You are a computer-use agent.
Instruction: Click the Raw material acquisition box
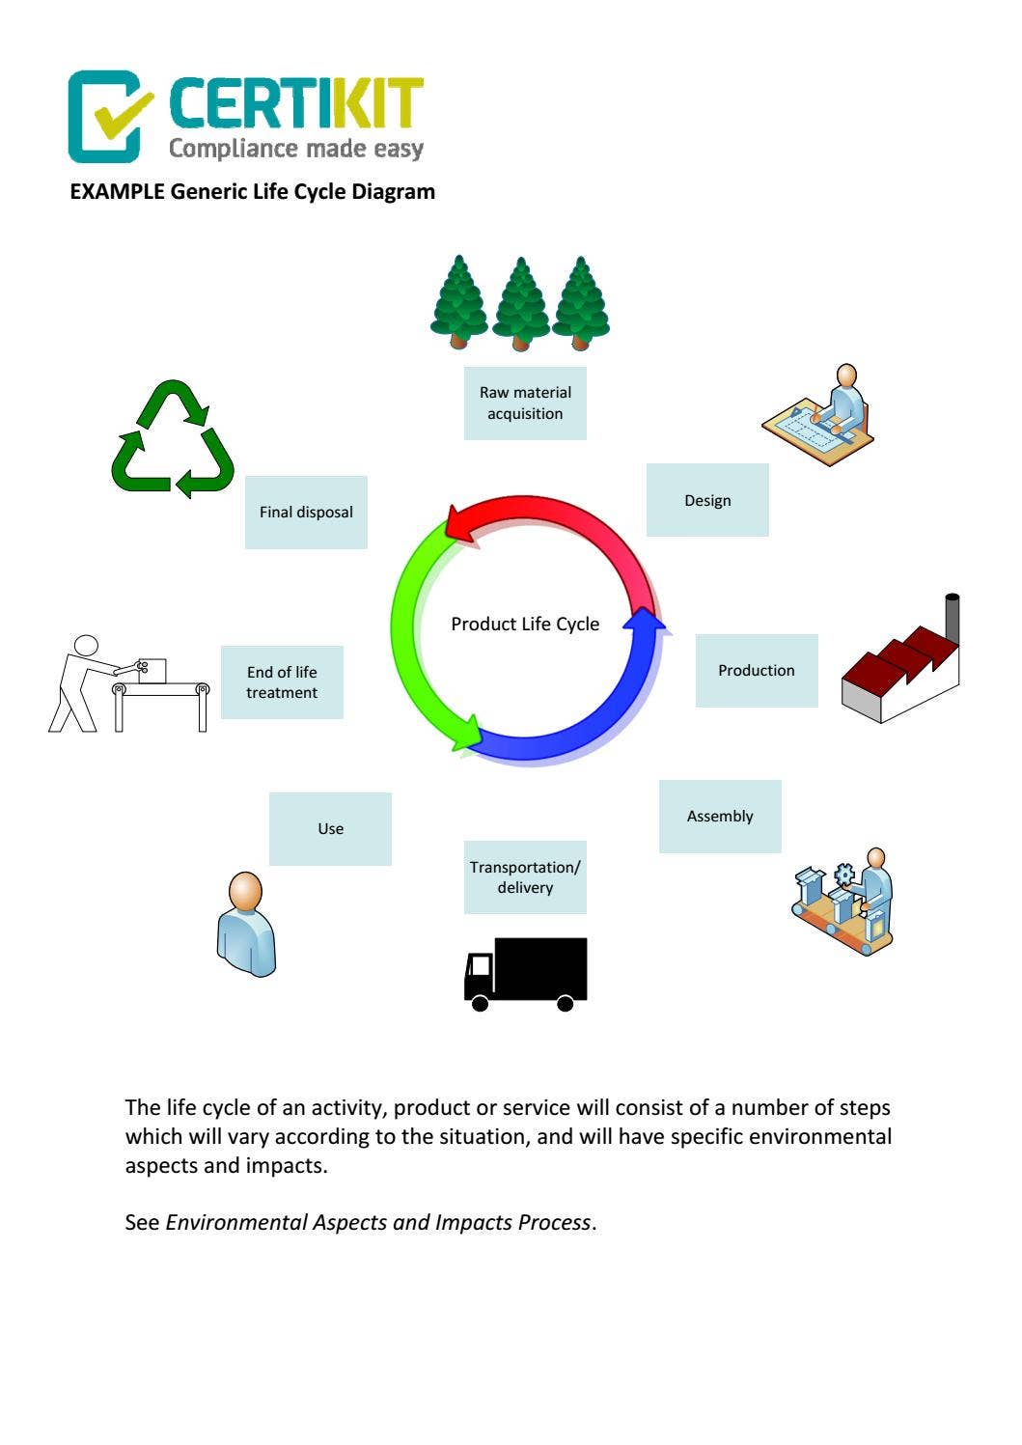(x=525, y=403)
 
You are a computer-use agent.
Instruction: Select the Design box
(x=707, y=500)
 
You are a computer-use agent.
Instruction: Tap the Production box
(x=757, y=670)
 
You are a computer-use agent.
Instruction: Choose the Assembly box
(x=720, y=816)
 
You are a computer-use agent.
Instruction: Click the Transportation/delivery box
(x=525, y=877)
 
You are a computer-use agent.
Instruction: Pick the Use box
(x=330, y=828)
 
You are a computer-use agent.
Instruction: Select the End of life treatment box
(x=282, y=682)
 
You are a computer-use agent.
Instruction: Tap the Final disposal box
(x=306, y=512)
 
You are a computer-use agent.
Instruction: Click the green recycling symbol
(x=173, y=439)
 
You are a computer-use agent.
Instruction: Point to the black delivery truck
(x=526, y=973)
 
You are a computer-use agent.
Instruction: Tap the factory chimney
(x=952, y=617)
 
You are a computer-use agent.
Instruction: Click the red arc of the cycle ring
(x=569, y=516)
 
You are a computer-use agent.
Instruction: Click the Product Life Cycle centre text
(x=525, y=625)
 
